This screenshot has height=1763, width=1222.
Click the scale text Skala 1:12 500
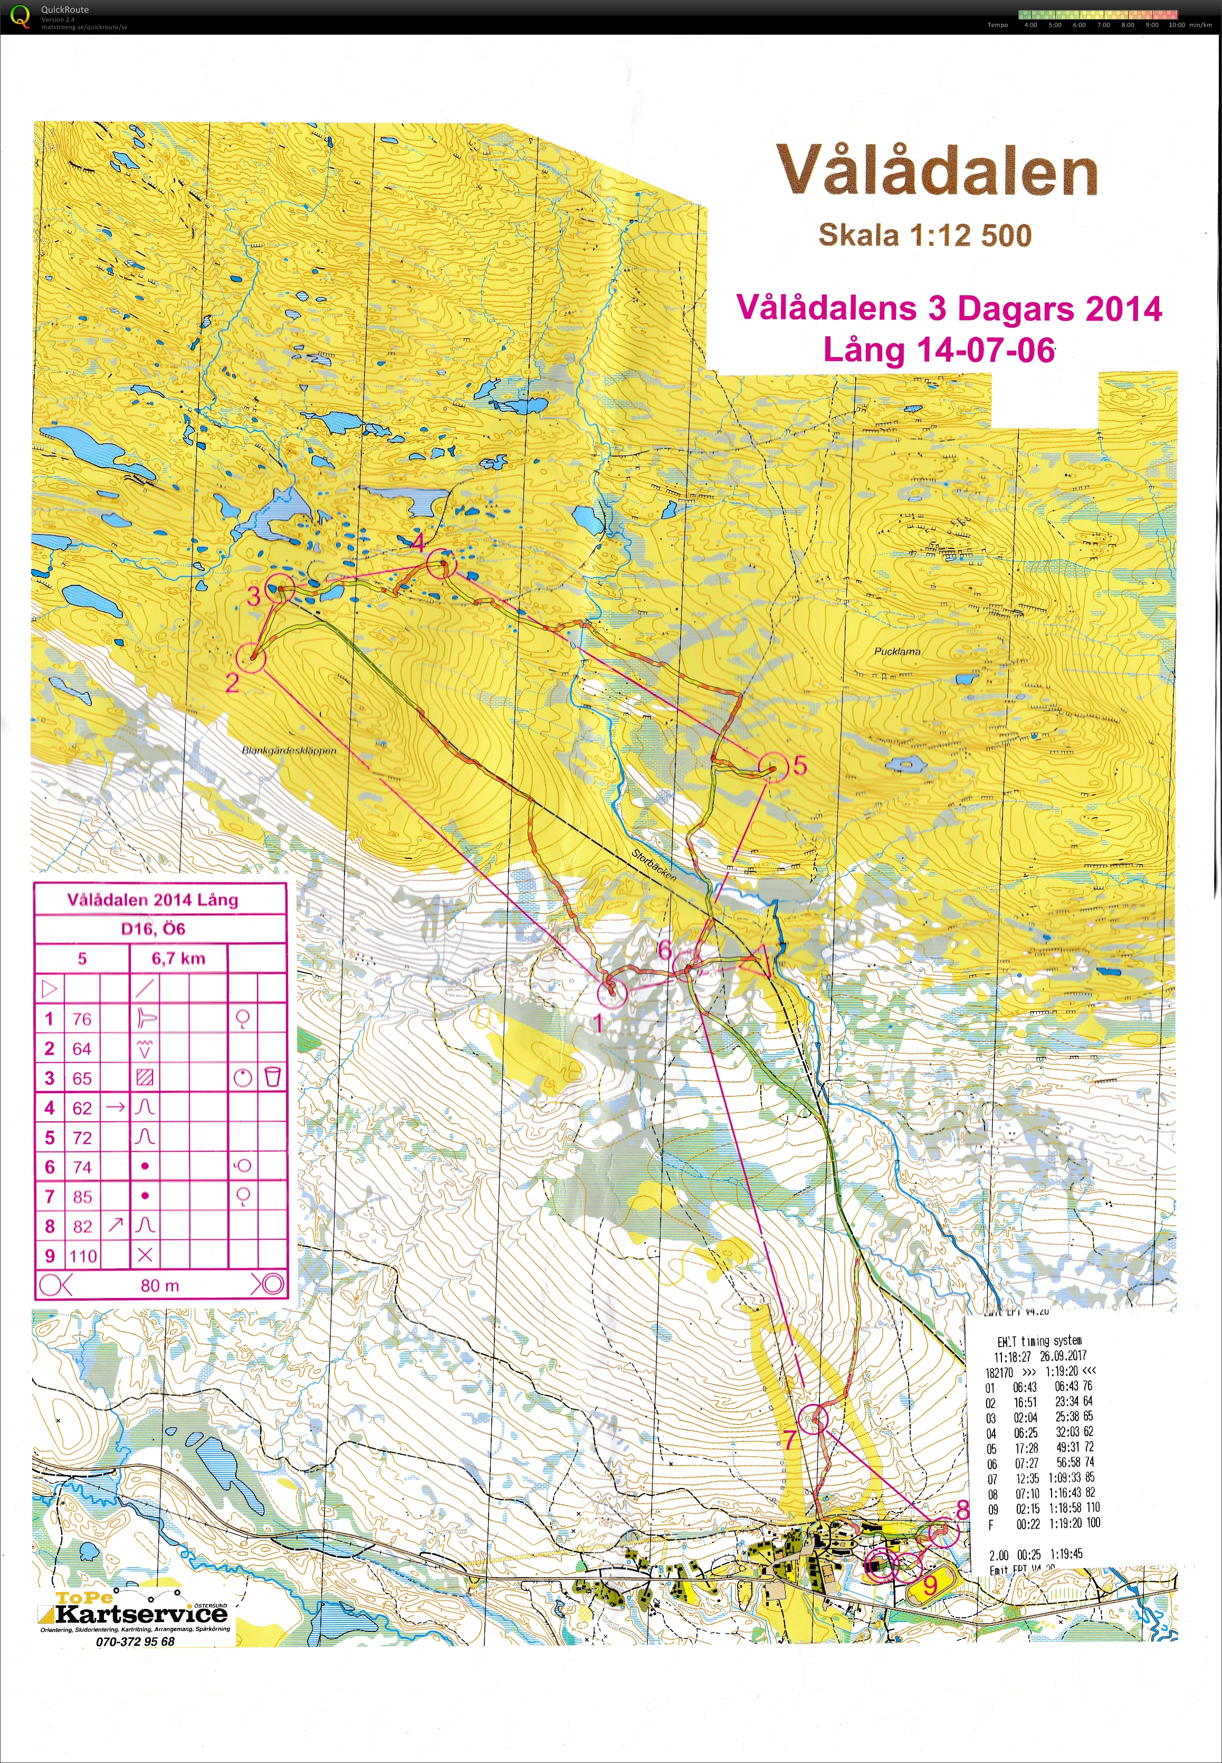(x=925, y=235)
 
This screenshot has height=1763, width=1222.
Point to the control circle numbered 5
(x=772, y=766)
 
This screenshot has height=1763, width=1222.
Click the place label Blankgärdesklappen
(x=289, y=751)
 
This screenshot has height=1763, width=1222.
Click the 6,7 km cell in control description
(x=178, y=958)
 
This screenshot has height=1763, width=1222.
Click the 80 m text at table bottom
(x=159, y=1286)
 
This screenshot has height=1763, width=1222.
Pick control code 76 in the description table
(x=82, y=1019)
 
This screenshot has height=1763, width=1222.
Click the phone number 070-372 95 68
(x=136, y=1641)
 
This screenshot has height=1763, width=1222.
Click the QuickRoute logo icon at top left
(x=21, y=16)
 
